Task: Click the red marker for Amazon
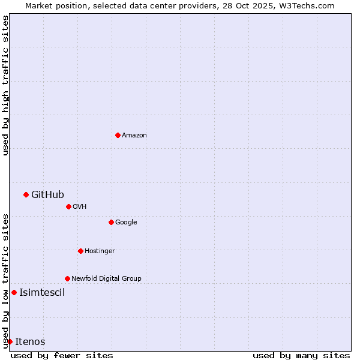pos(118,135)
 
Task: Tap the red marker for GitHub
pos(26,194)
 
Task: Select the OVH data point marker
pos(68,206)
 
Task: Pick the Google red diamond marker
pos(111,222)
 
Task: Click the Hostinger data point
pos(80,251)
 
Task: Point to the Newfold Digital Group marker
pos(67,278)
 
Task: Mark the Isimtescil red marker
pos(14,292)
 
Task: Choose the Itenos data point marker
pos(10,341)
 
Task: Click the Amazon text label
pos(134,135)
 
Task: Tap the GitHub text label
pos(47,194)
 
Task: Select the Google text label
pos(126,222)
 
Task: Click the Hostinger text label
pos(100,251)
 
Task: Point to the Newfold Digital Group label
pos(106,278)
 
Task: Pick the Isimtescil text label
pos(42,293)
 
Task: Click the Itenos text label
pos(30,342)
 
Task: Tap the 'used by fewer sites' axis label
pos(62,355)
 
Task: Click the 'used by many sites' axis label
pos(301,355)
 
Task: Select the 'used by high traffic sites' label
pos(5,85)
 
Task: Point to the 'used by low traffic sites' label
pos(5,281)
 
